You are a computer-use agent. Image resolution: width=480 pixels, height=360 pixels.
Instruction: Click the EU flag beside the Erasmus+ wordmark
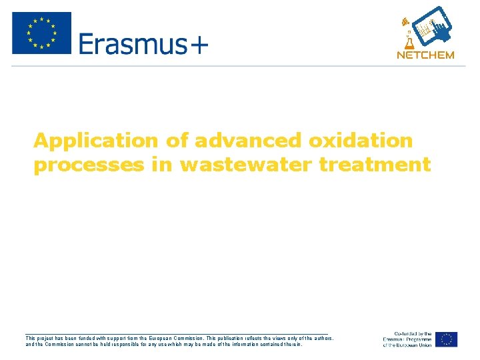(x=41, y=33)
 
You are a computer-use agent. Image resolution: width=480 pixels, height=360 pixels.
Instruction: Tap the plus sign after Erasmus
(x=199, y=45)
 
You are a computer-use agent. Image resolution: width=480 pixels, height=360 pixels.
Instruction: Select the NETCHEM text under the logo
(x=425, y=55)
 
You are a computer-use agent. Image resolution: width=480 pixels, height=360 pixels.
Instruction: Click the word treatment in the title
(x=375, y=165)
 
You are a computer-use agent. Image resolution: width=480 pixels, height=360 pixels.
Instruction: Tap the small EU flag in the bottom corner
(x=447, y=339)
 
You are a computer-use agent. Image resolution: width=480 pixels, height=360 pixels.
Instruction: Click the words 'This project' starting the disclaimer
(x=43, y=339)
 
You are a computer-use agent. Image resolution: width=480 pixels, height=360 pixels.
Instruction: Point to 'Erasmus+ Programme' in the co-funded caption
(x=407, y=339)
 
